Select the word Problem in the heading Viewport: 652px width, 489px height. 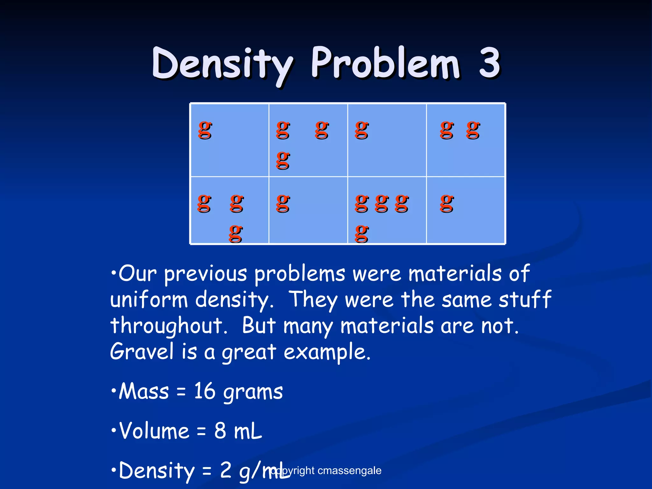[386, 63]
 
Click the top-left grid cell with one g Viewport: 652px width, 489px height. [230, 140]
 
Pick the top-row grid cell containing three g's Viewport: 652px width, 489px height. [308, 140]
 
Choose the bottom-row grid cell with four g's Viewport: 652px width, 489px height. [387, 210]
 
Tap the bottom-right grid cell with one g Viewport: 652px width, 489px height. [465, 210]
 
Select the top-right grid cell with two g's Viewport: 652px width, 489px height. [465, 140]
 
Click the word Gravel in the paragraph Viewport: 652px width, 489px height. [142, 352]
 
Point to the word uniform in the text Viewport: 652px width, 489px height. [149, 300]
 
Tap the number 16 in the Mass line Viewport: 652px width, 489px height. [205, 391]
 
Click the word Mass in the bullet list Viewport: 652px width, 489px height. [144, 391]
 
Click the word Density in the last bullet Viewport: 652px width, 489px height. [156, 471]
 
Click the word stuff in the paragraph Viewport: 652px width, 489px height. [525, 300]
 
